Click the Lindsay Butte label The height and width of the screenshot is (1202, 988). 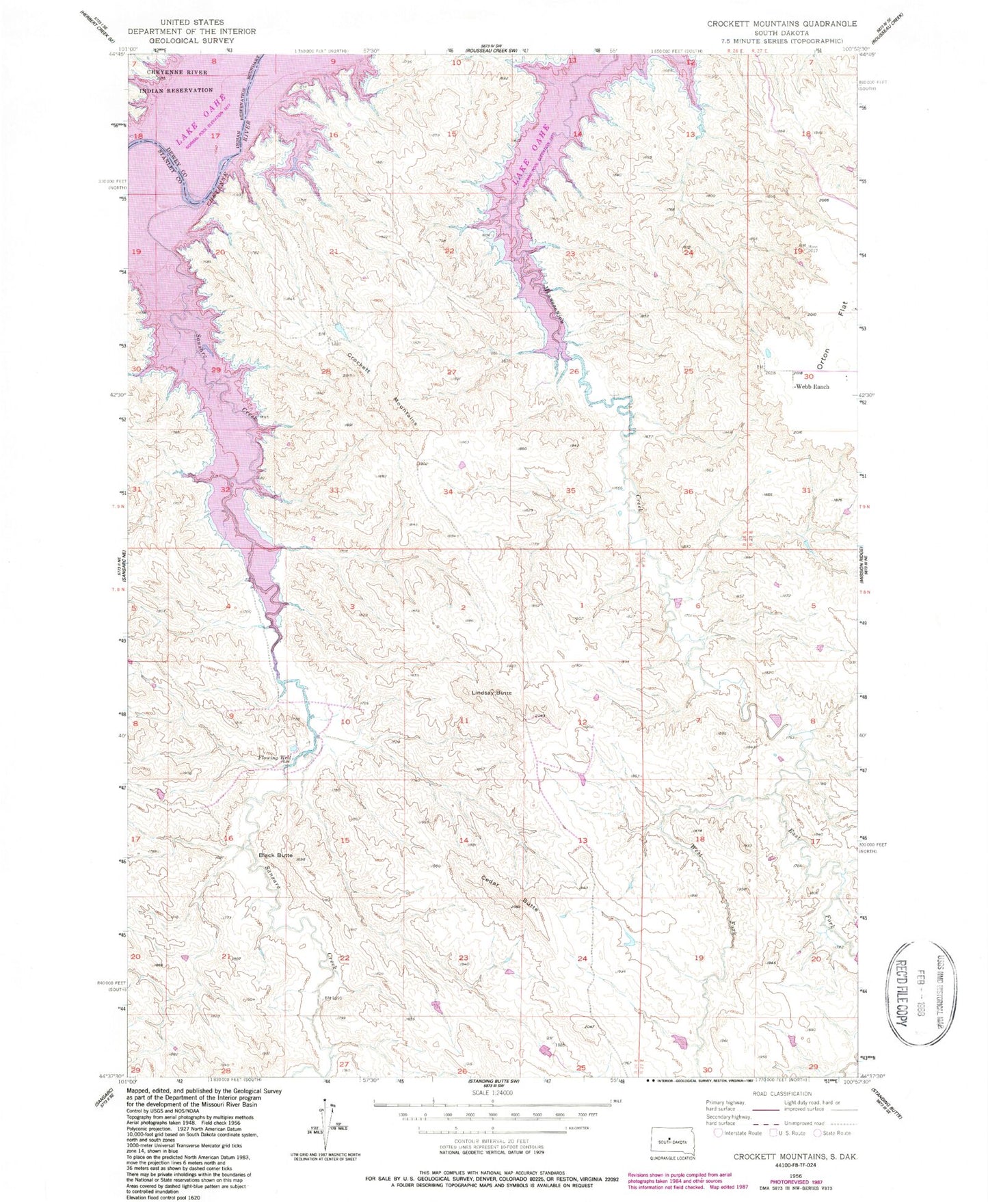(491, 693)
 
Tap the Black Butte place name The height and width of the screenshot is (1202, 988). (275, 855)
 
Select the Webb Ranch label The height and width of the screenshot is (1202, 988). (812, 387)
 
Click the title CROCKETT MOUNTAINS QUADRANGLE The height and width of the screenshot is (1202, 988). (782, 23)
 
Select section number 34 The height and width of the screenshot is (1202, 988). (448, 492)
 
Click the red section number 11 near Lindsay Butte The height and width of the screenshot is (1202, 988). (464, 721)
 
